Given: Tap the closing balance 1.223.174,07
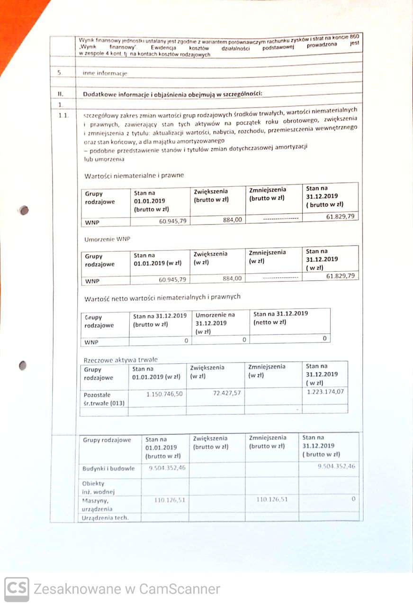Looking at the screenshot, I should click(325, 392).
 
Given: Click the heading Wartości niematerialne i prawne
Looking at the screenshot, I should click(134, 175).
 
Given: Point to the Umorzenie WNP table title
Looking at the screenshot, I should click(107, 239).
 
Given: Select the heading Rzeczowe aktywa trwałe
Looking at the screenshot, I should click(120, 359).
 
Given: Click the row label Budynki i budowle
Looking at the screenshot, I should click(108, 468).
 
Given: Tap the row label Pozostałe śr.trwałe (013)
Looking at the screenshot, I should click(101, 399).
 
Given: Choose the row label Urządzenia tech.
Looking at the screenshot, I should click(105, 517).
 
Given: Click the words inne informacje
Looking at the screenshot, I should click(105, 73).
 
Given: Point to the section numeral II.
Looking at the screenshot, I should click(61, 94).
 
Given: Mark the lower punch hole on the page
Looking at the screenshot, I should click(22, 366).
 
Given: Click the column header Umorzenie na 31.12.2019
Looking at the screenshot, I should click(215, 323).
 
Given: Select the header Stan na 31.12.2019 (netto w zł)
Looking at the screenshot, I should click(281, 318).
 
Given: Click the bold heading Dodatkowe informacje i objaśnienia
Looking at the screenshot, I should click(172, 94).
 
